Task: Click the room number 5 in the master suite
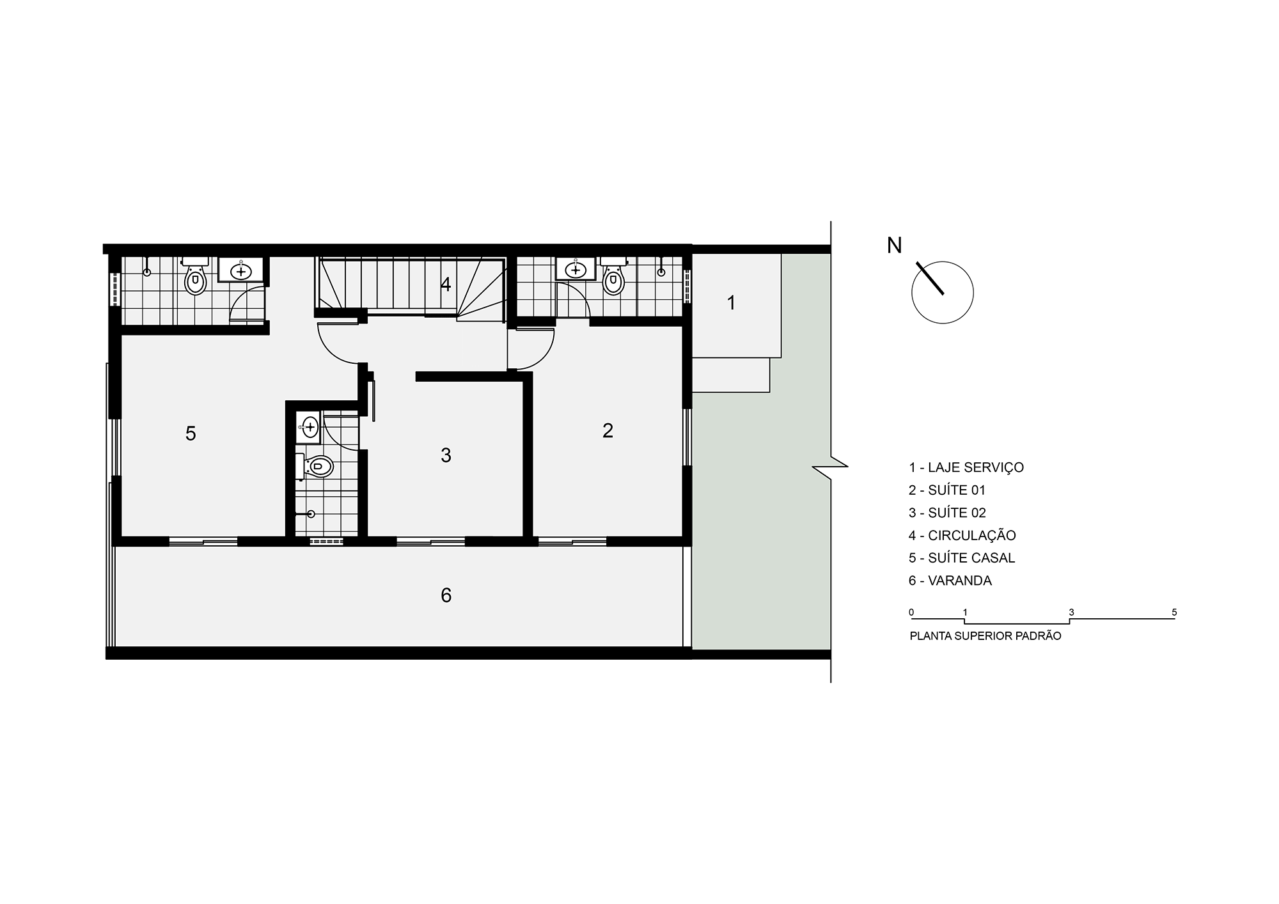click(x=191, y=433)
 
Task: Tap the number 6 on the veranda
click(x=446, y=596)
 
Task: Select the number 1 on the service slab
click(x=732, y=303)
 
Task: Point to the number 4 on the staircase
click(x=446, y=284)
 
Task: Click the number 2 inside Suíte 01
click(x=608, y=430)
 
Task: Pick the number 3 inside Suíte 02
click(x=446, y=455)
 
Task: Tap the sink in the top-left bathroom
click(x=241, y=270)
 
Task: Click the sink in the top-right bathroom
click(x=576, y=269)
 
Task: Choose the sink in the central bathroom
click(x=309, y=426)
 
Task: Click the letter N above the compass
click(x=894, y=245)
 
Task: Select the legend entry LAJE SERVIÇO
click(x=966, y=467)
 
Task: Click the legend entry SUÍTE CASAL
click(x=962, y=557)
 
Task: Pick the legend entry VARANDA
click(x=950, y=581)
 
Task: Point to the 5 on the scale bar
click(x=1174, y=612)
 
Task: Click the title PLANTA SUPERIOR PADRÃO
click(x=985, y=636)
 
